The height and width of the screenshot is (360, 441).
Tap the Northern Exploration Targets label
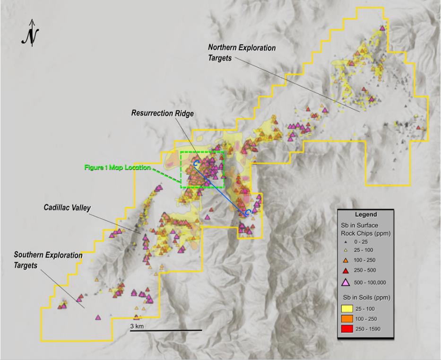click(x=242, y=53)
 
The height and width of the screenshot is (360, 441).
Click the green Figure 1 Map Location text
click(x=117, y=167)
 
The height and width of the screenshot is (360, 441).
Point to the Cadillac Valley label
click(x=67, y=207)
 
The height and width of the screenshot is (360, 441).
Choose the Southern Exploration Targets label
click(x=48, y=260)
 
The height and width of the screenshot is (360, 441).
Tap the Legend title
click(x=366, y=215)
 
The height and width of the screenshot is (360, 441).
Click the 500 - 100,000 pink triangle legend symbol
click(x=349, y=282)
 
